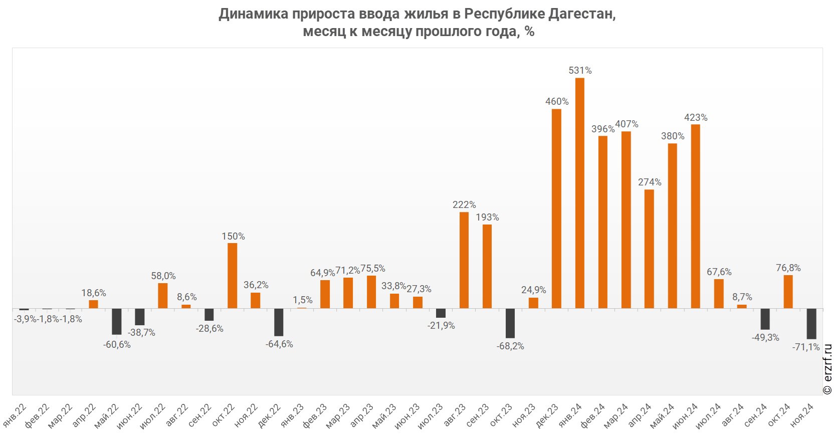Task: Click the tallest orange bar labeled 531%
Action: click(579, 193)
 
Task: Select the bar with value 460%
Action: click(556, 208)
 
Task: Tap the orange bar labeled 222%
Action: click(464, 260)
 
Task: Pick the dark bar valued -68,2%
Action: click(510, 323)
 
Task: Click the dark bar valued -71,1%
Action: click(811, 324)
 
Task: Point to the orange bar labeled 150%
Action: click(233, 276)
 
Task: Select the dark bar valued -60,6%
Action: click(117, 321)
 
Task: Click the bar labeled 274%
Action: click(649, 249)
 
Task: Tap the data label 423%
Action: click(696, 118)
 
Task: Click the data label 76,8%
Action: click(788, 268)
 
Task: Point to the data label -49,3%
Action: click(765, 338)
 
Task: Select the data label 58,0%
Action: click(163, 276)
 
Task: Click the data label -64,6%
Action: click(279, 344)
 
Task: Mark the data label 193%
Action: click(487, 217)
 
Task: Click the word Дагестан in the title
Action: click(581, 14)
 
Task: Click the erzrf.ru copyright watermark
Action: click(827, 369)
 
